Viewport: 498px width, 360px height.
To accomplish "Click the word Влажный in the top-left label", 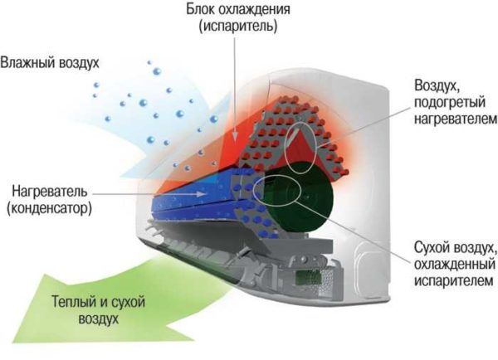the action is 26,62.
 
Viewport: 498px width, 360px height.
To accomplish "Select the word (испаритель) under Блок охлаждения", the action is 238,26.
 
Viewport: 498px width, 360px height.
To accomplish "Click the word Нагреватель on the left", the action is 49,192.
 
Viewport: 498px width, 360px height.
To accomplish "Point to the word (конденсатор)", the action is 49,208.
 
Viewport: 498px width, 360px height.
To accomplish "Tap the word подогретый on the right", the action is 450,103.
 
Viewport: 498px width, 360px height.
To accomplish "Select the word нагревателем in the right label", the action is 456,119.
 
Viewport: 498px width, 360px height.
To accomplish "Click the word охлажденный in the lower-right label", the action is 455,264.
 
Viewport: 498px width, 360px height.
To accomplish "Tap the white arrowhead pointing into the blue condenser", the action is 201,193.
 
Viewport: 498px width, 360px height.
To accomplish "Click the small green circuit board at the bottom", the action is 305,278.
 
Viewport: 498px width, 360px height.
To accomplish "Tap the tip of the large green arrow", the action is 12,343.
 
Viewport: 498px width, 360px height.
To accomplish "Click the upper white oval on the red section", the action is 300,147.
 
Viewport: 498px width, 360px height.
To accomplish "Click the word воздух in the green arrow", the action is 99,319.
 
